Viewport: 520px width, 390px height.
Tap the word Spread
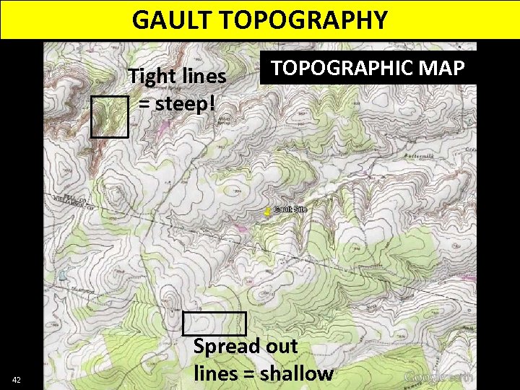point(227,346)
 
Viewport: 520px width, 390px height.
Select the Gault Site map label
point(290,209)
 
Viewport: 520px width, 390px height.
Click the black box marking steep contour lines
point(110,116)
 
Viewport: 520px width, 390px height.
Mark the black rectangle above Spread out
point(214,323)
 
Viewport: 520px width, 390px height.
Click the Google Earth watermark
point(438,377)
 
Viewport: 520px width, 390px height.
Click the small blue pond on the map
point(63,275)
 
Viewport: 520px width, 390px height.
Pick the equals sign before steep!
point(144,103)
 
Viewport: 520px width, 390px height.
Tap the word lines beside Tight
point(203,76)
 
